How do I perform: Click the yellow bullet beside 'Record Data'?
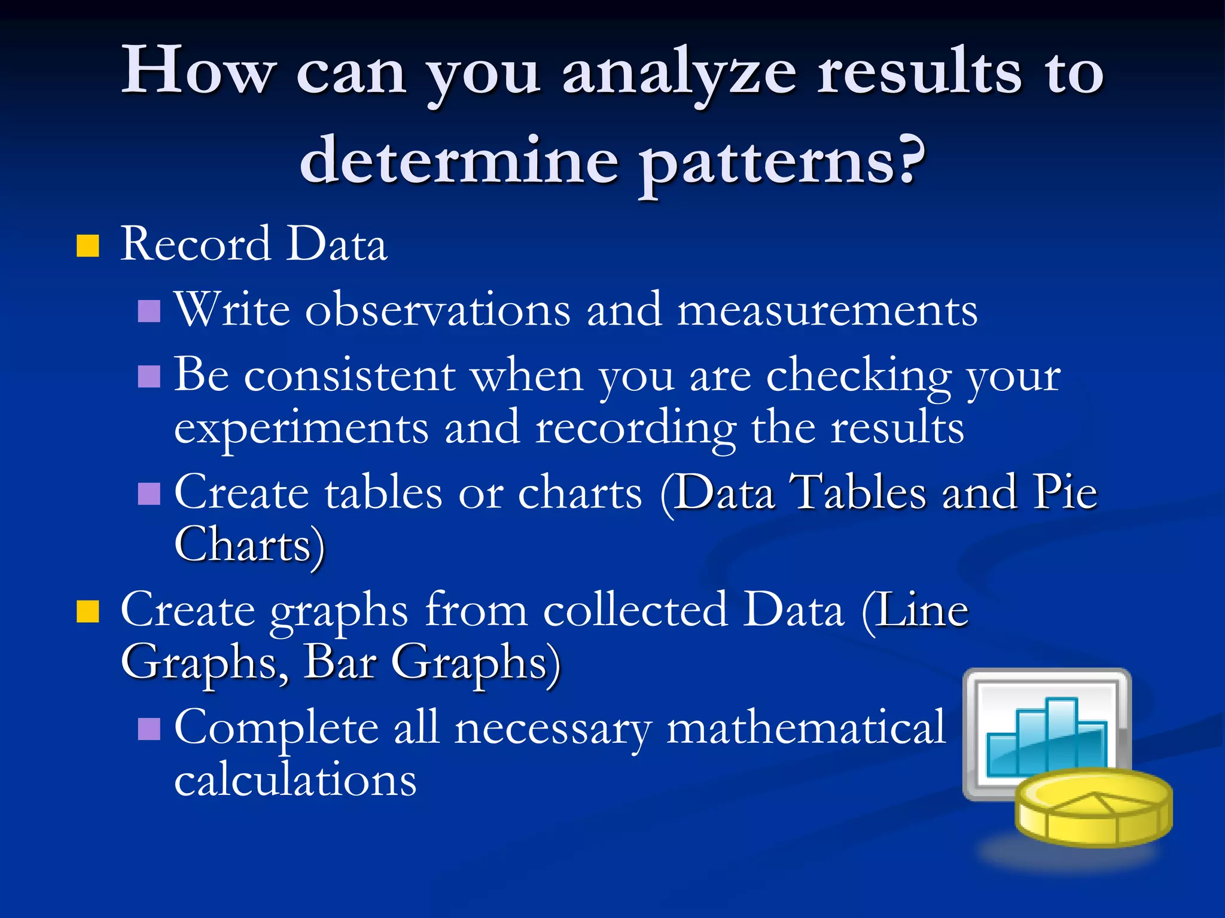pyautogui.click(x=88, y=246)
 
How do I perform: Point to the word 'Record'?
pyautogui.click(x=195, y=244)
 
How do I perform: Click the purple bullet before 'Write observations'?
pyautogui.click(x=149, y=311)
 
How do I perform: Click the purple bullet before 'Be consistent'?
pyautogui.click(x=149, y=377)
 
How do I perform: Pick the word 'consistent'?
pyautogui.click(x=350, y=377)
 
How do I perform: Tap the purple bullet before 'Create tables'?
pyautogui.click(x=149, y=494)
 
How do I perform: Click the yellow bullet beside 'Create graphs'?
pyautogui.click(x=88, y=611)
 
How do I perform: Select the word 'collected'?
pyautogui.click(x=636, y=610)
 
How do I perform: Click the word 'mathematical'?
pyautogui.click(x=806, y=728)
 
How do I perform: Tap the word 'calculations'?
pyautogui.click(x=295, y=781)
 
